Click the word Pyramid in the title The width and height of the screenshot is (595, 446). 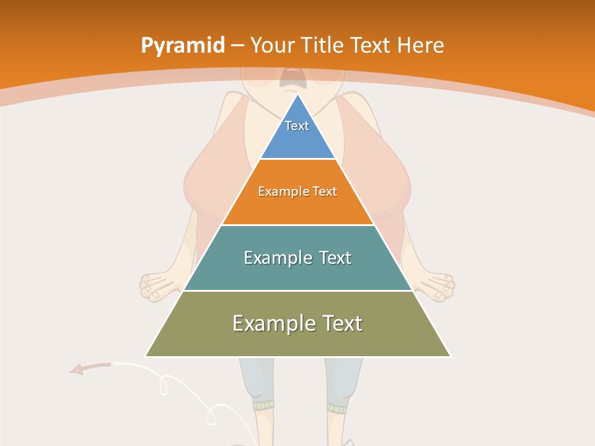182,46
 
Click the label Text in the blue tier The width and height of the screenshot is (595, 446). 297,126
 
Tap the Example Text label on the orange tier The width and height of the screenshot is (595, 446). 297,191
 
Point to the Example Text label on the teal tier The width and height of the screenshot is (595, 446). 297,258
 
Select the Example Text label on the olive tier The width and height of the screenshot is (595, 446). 297,323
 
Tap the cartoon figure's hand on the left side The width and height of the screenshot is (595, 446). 157,286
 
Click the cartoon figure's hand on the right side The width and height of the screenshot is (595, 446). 438,286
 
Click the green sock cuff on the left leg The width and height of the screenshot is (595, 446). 263,406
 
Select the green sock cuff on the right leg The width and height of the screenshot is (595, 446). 338,408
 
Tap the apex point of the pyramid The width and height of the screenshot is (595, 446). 297,94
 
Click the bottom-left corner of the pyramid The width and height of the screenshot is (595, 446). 146,356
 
